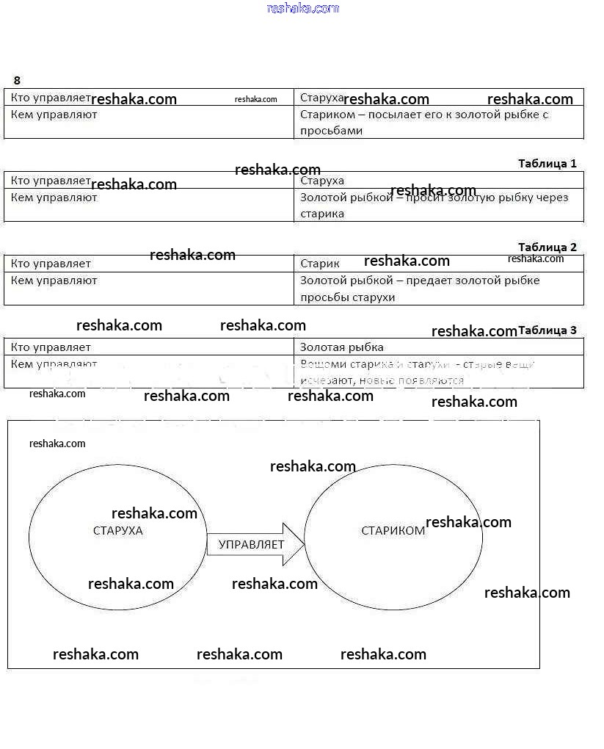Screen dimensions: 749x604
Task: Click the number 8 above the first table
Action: (x=17, y=81)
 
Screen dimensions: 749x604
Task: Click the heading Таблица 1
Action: (x=547, y=164)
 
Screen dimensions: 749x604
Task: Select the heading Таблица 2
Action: (x=547, y=247)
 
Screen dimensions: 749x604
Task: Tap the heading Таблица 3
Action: (x=547, y=330)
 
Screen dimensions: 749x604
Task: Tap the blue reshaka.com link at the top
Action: (x=302, y=8)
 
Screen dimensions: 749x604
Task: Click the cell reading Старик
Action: (x=320, y=264)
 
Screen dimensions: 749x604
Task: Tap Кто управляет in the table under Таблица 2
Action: (x=51, y=264)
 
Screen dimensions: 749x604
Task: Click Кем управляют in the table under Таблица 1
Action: (x=54, y=198)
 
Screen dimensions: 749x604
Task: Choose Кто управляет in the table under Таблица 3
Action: (x=51, y=347)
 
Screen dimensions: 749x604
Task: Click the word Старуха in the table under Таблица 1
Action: (x=322, y=181)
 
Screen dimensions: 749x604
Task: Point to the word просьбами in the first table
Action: (x=332, y=131)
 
